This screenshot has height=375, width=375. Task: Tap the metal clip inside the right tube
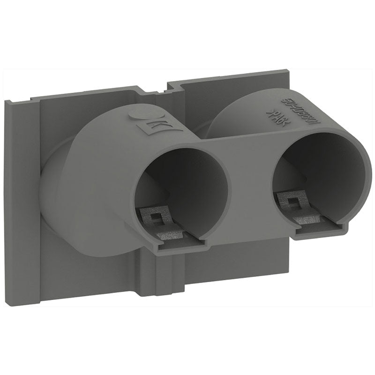pyautogui.click(x=300, y=206)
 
